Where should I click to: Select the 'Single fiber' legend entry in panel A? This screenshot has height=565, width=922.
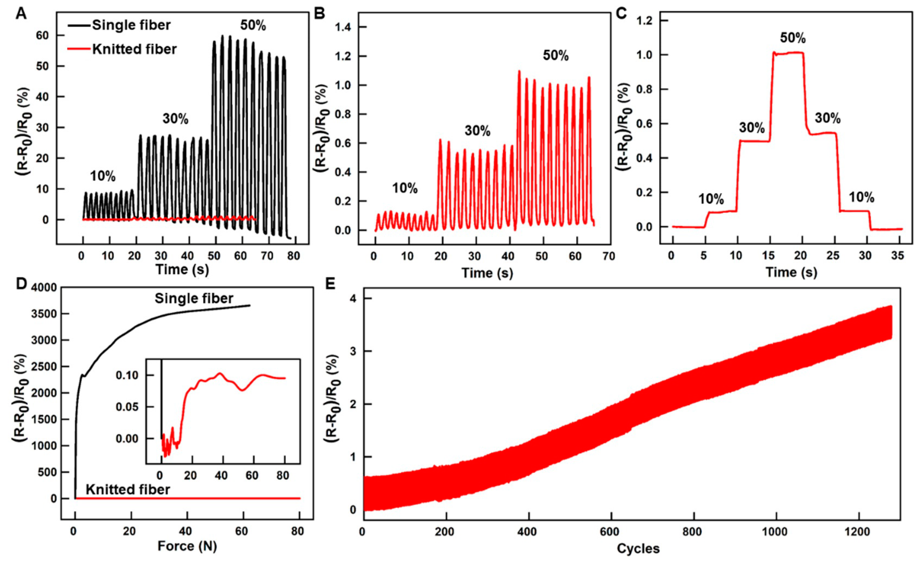pyautogui.click(x=131, y=25)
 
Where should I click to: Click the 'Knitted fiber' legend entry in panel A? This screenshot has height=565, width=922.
pyautogui.click(x=134, y=49)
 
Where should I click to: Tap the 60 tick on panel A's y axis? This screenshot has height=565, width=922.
pyautogui.click(x=42, y=35)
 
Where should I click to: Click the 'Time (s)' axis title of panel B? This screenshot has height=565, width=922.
pyautogui.click(x=487, y=273)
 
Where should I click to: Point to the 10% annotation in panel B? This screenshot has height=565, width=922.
pyautogui.click(x=405, y=188)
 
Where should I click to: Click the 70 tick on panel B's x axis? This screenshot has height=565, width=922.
pyautogui.click(x=609, y=257)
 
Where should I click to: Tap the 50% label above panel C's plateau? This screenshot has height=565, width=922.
pyautogui.click(x=793, y=38)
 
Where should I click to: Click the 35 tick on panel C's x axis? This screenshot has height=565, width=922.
pyautogui.click(x=897, y=256)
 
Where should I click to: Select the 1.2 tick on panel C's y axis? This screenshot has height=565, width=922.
pyautogui.click(x=645, y=21)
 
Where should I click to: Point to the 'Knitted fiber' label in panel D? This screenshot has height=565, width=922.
pyautogui.click(x=128, y=489)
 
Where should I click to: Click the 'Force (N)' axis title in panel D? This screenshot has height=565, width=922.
pyautogui.click(x=187, y=546)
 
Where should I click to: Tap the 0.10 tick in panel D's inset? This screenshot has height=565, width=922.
pyautogui.click(x=127, y=375)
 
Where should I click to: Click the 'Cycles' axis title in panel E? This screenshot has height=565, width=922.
pyautogui.click(x=638, y=549)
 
